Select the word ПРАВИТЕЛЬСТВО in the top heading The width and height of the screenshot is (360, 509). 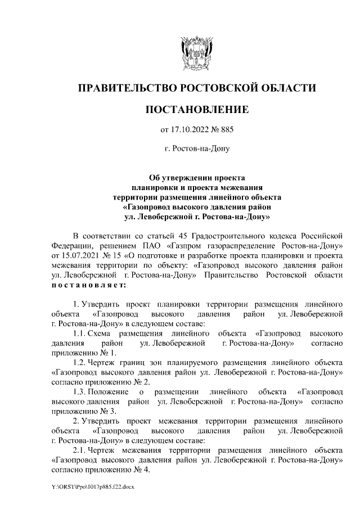tap(127, 88)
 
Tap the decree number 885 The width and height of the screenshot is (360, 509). tap(225, 130)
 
